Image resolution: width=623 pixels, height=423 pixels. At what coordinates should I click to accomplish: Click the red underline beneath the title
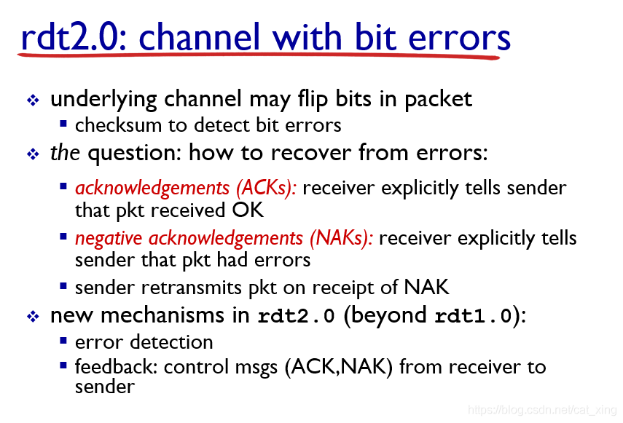[258, 55]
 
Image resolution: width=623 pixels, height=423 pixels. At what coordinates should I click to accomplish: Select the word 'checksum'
[118, 125]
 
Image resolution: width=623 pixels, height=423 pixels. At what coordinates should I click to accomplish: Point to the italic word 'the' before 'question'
[65, 152]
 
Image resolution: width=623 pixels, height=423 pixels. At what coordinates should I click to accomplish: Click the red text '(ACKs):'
[266, 188]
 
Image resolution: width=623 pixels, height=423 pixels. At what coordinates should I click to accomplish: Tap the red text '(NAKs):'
[342, 238]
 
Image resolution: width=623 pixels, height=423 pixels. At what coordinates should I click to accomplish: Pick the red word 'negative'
[109, 239]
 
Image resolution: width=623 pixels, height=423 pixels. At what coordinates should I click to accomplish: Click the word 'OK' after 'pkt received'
[248, 210]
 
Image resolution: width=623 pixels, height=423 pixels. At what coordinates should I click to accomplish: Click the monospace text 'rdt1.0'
[473, 316]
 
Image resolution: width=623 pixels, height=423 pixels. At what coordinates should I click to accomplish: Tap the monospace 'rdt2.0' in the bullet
[297, 316]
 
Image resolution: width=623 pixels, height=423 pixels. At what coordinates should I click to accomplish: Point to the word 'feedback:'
[117, 366]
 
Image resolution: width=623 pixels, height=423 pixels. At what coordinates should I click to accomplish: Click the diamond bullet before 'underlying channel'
[33, 100]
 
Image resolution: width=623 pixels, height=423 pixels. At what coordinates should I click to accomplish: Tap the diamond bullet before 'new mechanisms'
[33, 316]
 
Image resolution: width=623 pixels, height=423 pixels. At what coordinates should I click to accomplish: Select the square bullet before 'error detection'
[63, 341]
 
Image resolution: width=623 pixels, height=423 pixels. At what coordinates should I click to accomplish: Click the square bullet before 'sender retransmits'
[63, 285]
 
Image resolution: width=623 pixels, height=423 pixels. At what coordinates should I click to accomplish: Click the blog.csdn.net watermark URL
[542, 409]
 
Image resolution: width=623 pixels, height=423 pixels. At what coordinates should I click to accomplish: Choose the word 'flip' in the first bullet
[313, 99]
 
